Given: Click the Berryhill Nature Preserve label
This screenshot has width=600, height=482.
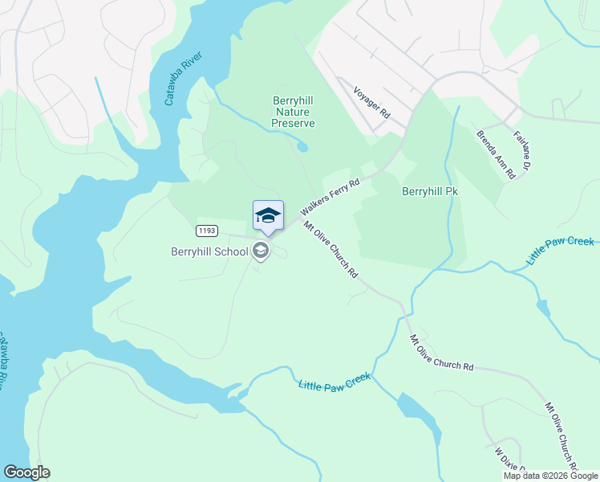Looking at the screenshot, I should pos(293,112).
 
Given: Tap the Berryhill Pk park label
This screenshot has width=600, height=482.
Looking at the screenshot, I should pos(429,193).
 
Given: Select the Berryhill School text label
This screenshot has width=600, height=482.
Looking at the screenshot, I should pos(209,251).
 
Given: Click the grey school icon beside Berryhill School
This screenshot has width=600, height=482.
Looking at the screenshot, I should pos(260,251).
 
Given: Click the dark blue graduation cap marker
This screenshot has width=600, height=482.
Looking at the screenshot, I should pos(268,216).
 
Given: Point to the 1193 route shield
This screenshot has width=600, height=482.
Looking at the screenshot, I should pos(207,231).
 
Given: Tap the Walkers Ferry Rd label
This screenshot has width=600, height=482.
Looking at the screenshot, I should pos(330,198).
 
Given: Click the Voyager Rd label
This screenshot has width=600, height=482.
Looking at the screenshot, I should pos(371,104).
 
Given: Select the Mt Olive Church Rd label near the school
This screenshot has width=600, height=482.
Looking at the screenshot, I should pos(330,249).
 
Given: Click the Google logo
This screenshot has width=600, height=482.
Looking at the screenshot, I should pos(26,472).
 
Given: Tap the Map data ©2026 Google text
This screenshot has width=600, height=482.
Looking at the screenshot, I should pos(550,476).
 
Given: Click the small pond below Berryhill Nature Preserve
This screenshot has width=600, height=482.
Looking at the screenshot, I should pos(302,146).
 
